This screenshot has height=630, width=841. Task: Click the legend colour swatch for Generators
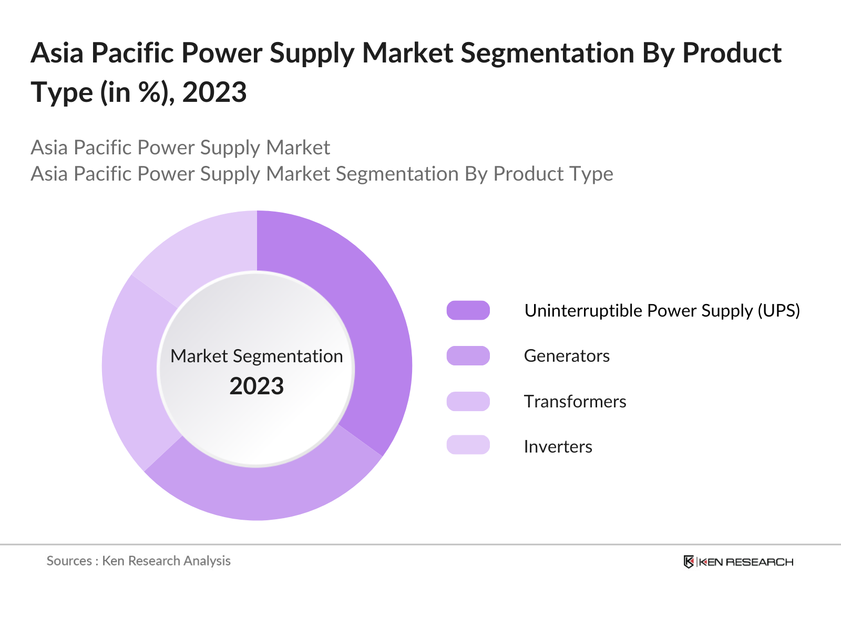(x=468, y=356)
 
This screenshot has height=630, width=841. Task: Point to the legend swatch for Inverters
(x=468, y=445)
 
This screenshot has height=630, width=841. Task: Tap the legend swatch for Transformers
(x=468, y=402)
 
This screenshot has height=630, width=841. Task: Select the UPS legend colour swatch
(x=468, y=310)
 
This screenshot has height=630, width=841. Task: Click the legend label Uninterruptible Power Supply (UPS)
(x=662, y=311)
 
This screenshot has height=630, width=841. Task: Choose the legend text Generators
(x=567, y=356)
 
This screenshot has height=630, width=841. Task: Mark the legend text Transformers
(x=575, y=402)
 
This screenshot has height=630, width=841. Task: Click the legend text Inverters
(x=558, y=447)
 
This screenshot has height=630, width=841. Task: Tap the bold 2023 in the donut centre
(x=257, y=386)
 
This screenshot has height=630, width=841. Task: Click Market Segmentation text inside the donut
(x=257, y=356)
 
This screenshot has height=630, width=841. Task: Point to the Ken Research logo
(x=738, y=562)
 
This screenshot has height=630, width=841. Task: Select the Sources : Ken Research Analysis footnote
(x=139, y=561)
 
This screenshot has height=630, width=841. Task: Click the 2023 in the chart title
(x=214, y=93)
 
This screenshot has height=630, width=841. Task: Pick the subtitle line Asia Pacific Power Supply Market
(x=180, y=148)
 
